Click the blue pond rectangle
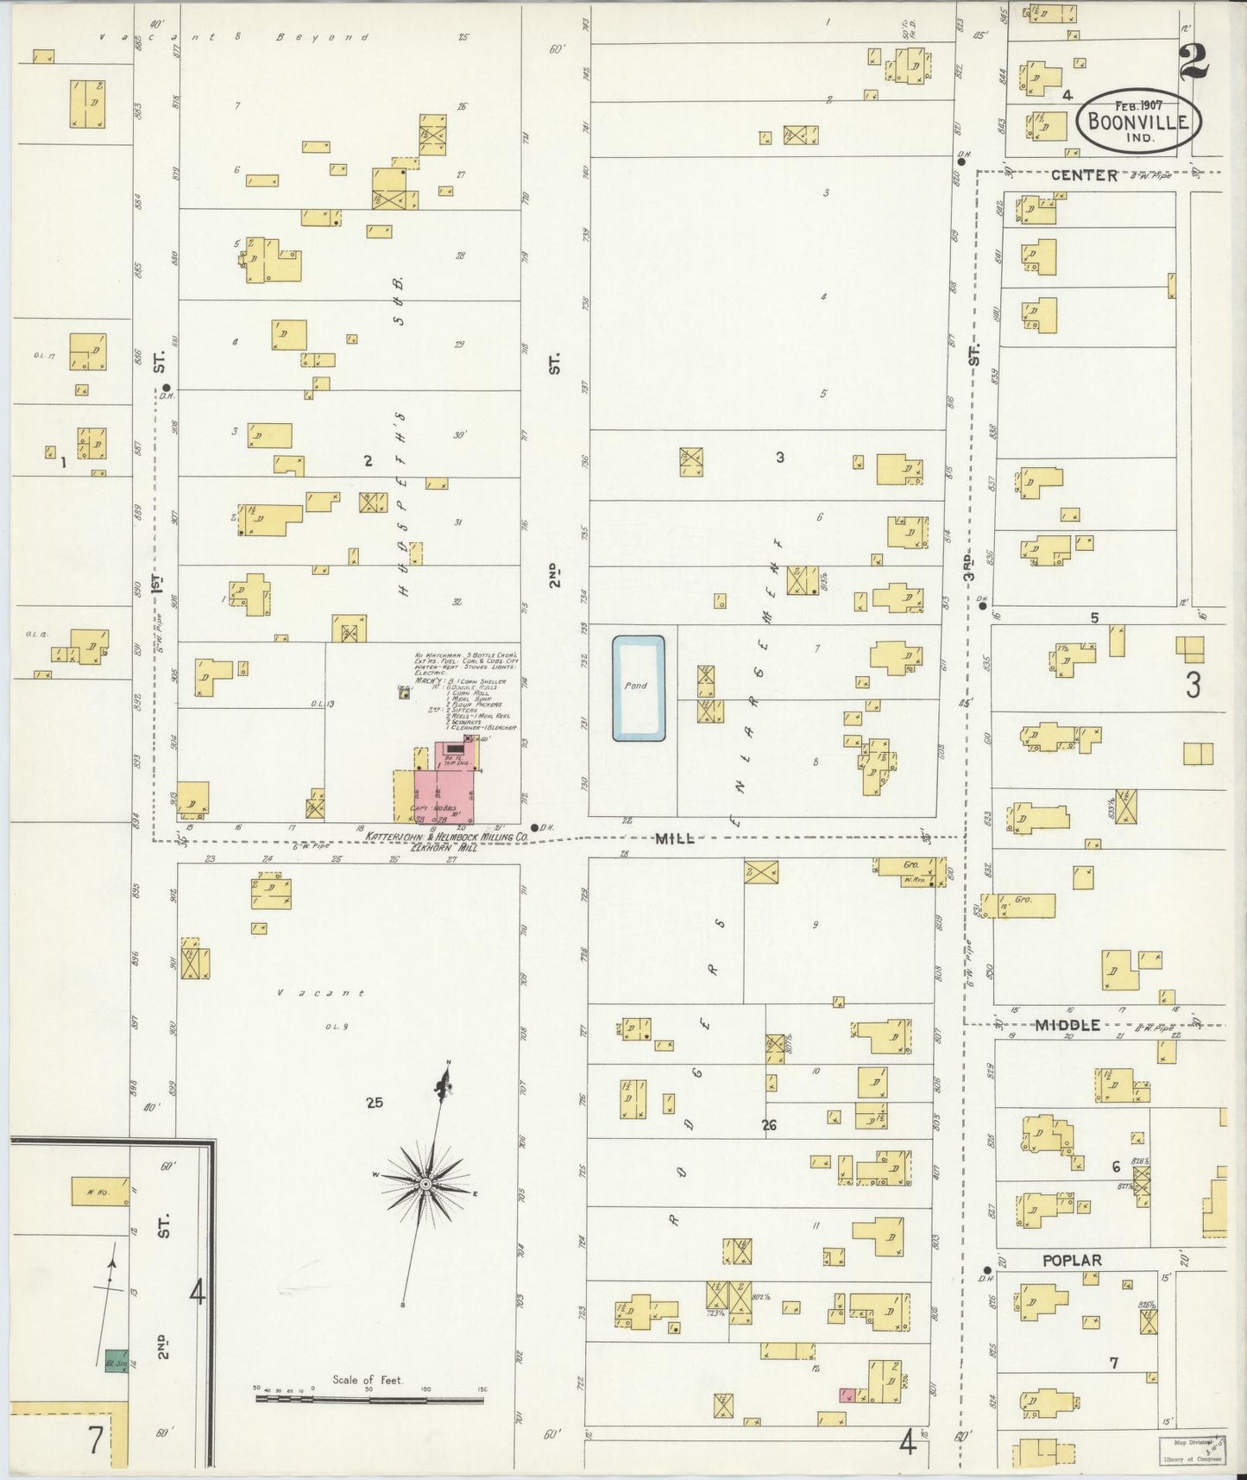point(639,688)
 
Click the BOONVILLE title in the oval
point(1138,121)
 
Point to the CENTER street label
point(1084,175)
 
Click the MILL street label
point(675,838)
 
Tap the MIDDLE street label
point(1068,1025)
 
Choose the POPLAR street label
point(1072,1261)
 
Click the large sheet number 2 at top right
point(1195,60)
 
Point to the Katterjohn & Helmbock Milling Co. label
point(447,837)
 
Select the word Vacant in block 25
point(321,993)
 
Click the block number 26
point(770,1125)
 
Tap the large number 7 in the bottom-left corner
point(95,1439)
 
